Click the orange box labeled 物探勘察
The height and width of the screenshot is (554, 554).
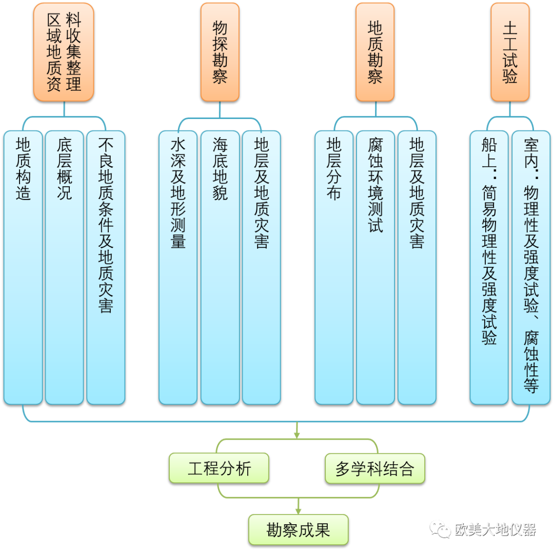click(220, 51)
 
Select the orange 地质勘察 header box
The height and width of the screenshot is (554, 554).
click(375, 51)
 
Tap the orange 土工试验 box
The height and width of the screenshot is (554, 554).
click(510, 51)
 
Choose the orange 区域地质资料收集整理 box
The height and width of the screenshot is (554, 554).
click(64, 51)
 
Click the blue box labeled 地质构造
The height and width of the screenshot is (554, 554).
click(23, 267)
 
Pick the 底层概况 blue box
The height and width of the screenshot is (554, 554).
click(64, 267)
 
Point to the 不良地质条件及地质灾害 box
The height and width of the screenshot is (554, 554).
click(106, 267)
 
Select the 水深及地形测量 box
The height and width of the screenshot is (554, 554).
click(178, 267)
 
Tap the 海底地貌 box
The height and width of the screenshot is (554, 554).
click(220, 267)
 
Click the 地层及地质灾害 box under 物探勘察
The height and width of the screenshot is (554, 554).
click(261, 267)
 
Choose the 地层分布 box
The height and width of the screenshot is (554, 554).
click(334, 267)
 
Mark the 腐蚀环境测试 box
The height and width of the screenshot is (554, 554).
click(375, 267)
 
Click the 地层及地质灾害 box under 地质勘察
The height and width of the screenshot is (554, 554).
click(417, 267)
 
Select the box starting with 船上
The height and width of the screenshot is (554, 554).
click(489, 267)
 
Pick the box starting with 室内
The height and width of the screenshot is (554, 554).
click(531, 267)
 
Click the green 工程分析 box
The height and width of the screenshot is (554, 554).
click(219, 468)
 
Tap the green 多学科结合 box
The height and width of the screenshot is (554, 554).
click(374, 468)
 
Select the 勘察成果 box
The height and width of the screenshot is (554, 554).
click(298, 529)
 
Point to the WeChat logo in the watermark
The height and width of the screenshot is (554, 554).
click(440, 528)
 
